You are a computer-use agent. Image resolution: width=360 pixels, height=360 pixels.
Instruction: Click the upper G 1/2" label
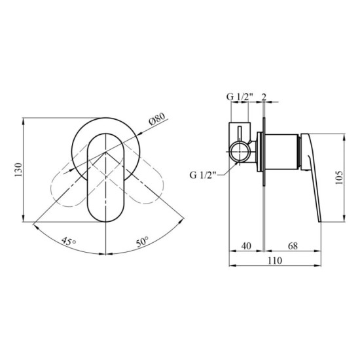(x=240, y=97)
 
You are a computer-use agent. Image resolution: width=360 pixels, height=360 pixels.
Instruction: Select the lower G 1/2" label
(x=202, y=175)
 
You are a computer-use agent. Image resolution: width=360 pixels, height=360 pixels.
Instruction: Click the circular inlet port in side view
(x=240, y=154)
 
